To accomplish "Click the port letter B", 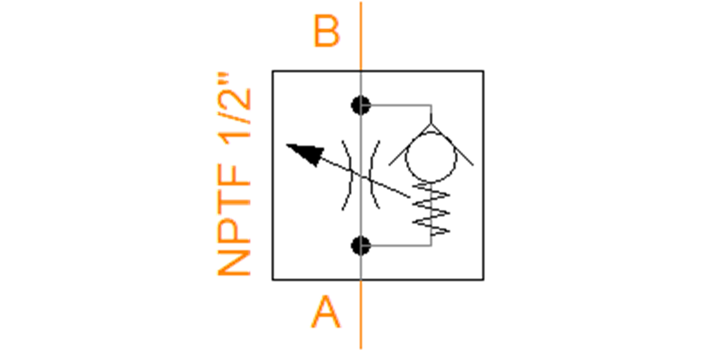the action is click(326, 31).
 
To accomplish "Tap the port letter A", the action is click(326, 312).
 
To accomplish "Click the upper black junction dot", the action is click(361, 105).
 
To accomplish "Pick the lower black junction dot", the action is click(361, 245).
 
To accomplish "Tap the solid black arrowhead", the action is click(307, 154).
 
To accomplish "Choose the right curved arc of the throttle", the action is click(371, 175).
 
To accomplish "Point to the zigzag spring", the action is click(431, 209).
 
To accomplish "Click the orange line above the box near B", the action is click(361, 36).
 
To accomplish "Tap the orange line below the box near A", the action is click(361, 314).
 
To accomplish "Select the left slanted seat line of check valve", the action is click(410, 145).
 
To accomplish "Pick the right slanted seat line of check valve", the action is click(452, 145).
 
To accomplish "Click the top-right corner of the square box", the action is click(484, 71).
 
